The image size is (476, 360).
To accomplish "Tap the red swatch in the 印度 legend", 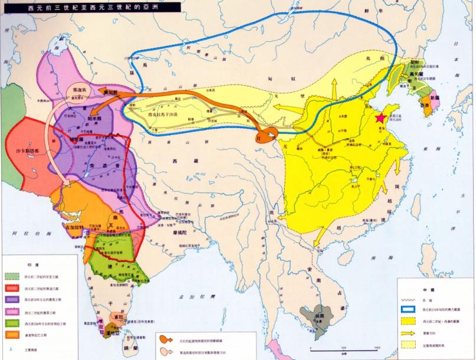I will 11,287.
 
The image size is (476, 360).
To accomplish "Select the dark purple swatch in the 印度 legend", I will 11,299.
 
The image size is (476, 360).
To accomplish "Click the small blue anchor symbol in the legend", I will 11,349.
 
